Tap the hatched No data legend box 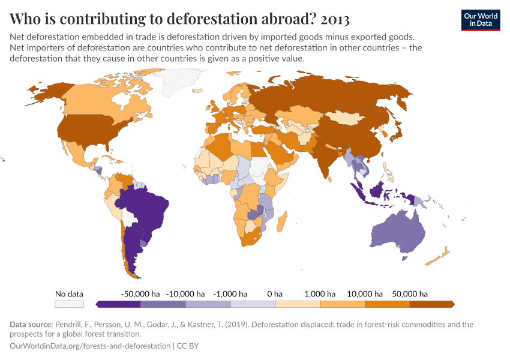click(69, 304)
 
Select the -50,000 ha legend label click(140, 294)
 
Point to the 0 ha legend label click(274, 294)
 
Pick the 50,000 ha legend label click(410, 294)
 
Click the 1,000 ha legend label click(320, 294)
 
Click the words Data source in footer click(32, 325)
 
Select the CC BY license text click(189, 346)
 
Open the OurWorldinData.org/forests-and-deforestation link click(89, 346)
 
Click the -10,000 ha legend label click(185, 294)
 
